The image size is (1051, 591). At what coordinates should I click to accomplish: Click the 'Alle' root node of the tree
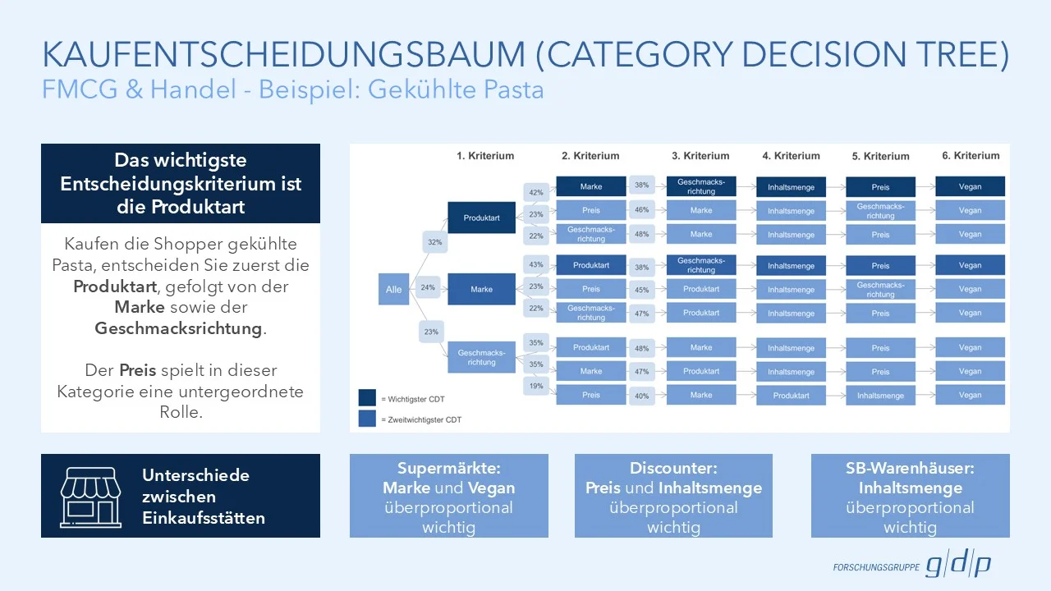pos(394,289)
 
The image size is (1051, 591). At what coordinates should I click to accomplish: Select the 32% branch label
pos(434,242)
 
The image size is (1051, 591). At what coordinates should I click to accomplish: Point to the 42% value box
pos(536,193)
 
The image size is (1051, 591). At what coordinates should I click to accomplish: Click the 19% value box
pos(536,385)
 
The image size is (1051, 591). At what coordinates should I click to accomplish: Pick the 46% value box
pos(642,211)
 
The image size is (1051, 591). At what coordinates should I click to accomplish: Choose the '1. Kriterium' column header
pos(485,156)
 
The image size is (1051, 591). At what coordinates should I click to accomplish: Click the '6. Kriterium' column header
pos(970,156)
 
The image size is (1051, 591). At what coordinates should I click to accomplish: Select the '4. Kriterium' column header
pos(791,156)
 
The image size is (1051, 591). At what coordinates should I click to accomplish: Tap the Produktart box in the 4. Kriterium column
pos(791,396)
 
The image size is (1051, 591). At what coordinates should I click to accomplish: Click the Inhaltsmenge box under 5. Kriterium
pos(880,396)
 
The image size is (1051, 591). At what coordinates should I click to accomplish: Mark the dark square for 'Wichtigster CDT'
pos(367,398)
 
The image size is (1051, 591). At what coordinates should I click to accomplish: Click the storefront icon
pos(90,496)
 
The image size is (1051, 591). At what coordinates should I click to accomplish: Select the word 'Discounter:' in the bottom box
pos(673,469)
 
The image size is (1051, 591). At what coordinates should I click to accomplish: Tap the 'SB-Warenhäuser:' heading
pos(910,469)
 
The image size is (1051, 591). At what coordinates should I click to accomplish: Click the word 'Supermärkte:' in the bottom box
pos(448,469)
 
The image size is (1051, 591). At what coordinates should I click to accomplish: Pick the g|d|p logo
pos(958,566)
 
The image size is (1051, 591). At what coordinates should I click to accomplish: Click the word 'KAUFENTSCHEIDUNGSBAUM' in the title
pos(283,55)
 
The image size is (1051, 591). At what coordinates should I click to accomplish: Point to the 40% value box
pos(642,396)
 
